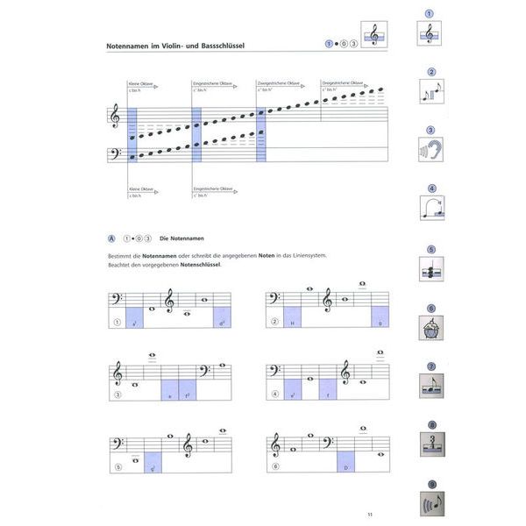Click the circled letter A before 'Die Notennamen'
110,238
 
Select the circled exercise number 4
275,394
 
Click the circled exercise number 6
275,467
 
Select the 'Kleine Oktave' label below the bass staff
141,188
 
